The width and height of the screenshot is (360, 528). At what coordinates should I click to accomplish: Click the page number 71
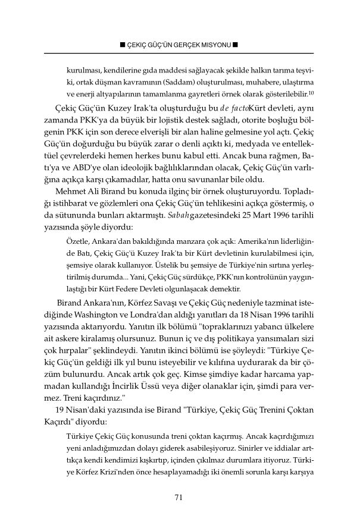(x=177, y=498)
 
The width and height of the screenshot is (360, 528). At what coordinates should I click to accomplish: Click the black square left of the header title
(x=122, y=45)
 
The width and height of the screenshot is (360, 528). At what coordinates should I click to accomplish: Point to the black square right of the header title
(x=236, y=45)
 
